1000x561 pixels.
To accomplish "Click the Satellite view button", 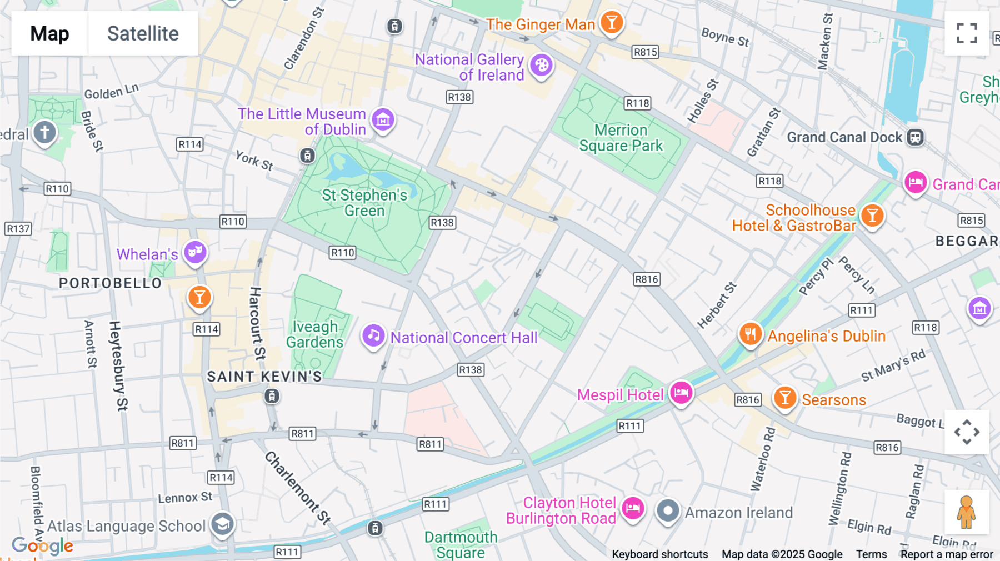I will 143,33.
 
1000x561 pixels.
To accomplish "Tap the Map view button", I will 49,33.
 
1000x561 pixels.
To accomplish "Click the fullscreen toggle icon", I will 967,33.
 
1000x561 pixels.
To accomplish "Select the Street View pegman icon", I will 966,512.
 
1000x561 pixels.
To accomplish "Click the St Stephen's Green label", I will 364,203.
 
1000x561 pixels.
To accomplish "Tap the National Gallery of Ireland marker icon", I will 541,66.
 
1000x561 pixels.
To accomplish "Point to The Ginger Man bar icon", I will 612,23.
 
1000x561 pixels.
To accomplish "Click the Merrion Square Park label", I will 621,138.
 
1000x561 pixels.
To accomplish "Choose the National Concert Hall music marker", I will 373,335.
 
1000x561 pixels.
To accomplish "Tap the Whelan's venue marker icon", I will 195,252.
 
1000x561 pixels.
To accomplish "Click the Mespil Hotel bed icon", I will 681,393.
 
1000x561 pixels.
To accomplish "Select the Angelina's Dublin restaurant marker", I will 750,334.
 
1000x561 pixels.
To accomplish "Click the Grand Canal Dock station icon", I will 915,137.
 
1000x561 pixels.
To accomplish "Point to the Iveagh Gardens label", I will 314,334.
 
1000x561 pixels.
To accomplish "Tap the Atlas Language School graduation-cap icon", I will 222,524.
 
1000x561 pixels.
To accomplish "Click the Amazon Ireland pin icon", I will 668,510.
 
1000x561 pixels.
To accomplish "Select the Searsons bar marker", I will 785,398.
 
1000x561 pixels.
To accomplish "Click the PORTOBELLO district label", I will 110,283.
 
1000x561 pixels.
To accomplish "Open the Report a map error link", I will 947,554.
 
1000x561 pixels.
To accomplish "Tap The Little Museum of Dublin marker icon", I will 383,119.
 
